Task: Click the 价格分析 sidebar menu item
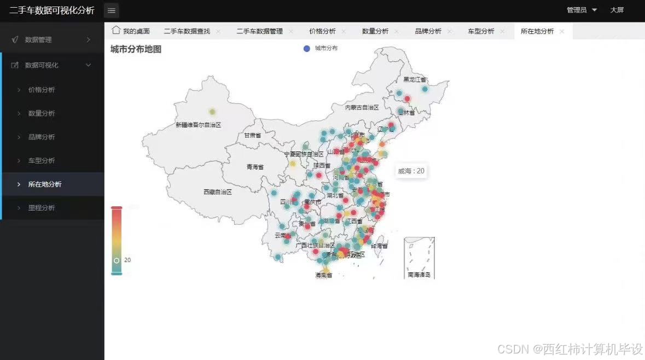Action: pyautogui.click(x=42, y=90)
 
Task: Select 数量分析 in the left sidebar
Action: pyautogui.click(x=42, y=113)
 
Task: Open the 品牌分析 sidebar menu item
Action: pyautogui.click(x=42, y=137)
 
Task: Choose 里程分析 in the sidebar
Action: pyautogui.click(x=42, y=208)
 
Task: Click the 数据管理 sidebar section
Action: pyautogui.click(x=38, y=40)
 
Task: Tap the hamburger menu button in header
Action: pyautogui.click(x=112, y=10)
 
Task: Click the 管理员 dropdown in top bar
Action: pyautogui.click(x=582, y=10)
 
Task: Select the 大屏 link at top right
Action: pyautogui.click(x=617, y=10)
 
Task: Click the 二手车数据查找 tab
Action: pyautogui.click(x=187, y=31)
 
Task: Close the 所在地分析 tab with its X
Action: pyautogui.click(x=562, y=31)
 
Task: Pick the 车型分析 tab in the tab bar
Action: pyautogui.click(x=481, y=31)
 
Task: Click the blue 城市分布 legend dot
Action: pyautogui.click(x=307, y=49)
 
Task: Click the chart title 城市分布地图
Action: pyautogui.click(x=136, y=49)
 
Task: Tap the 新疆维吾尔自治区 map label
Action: pyautogui.click(x=199, y=125)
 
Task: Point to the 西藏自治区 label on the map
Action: pyautogui.click(x=218, y=192)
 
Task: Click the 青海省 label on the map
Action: pyautogui.click(x=255, y=167)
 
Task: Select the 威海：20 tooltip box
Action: pyautogui.click(x=411, y=171)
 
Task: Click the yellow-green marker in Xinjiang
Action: pyautogui.click(x=212, y=112)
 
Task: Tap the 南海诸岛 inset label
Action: pyautogui.click(x=419, y=275)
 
